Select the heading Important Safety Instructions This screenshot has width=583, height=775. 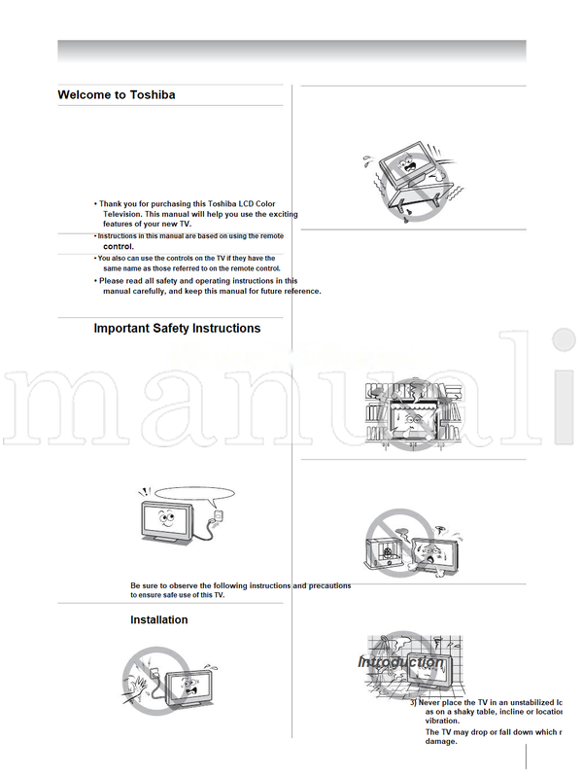(x=177, y=329)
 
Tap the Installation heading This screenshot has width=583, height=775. (x=159, y=620)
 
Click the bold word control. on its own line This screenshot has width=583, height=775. (x=118, y=247)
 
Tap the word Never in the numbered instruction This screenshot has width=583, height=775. (x=435, y=702)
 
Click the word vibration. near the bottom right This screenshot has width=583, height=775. (x=443, y=722)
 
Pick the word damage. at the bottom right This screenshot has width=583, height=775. (x=441, y=742)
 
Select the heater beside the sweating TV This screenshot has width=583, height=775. (x=385, y=549)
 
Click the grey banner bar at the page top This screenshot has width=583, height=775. (x=291, y=51)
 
